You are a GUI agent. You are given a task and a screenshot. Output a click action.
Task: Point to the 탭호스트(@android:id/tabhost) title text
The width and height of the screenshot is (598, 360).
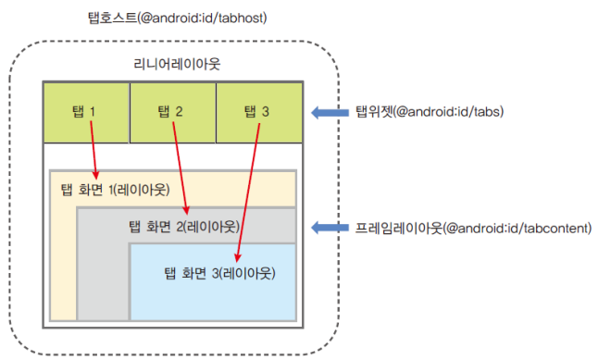174,17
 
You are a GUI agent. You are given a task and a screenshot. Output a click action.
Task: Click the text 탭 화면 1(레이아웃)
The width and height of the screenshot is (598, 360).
115,191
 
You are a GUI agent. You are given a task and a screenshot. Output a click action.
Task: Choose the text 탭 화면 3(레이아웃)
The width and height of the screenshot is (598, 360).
219,273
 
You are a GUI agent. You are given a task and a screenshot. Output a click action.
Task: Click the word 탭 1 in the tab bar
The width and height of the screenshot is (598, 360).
84,112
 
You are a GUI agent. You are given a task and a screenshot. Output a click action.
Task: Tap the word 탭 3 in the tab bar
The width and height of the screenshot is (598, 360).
256,112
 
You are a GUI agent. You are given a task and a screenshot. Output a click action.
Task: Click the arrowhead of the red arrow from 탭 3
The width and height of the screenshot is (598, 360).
240,260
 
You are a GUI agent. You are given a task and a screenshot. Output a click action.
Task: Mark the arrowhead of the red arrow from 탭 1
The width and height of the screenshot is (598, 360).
95,174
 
